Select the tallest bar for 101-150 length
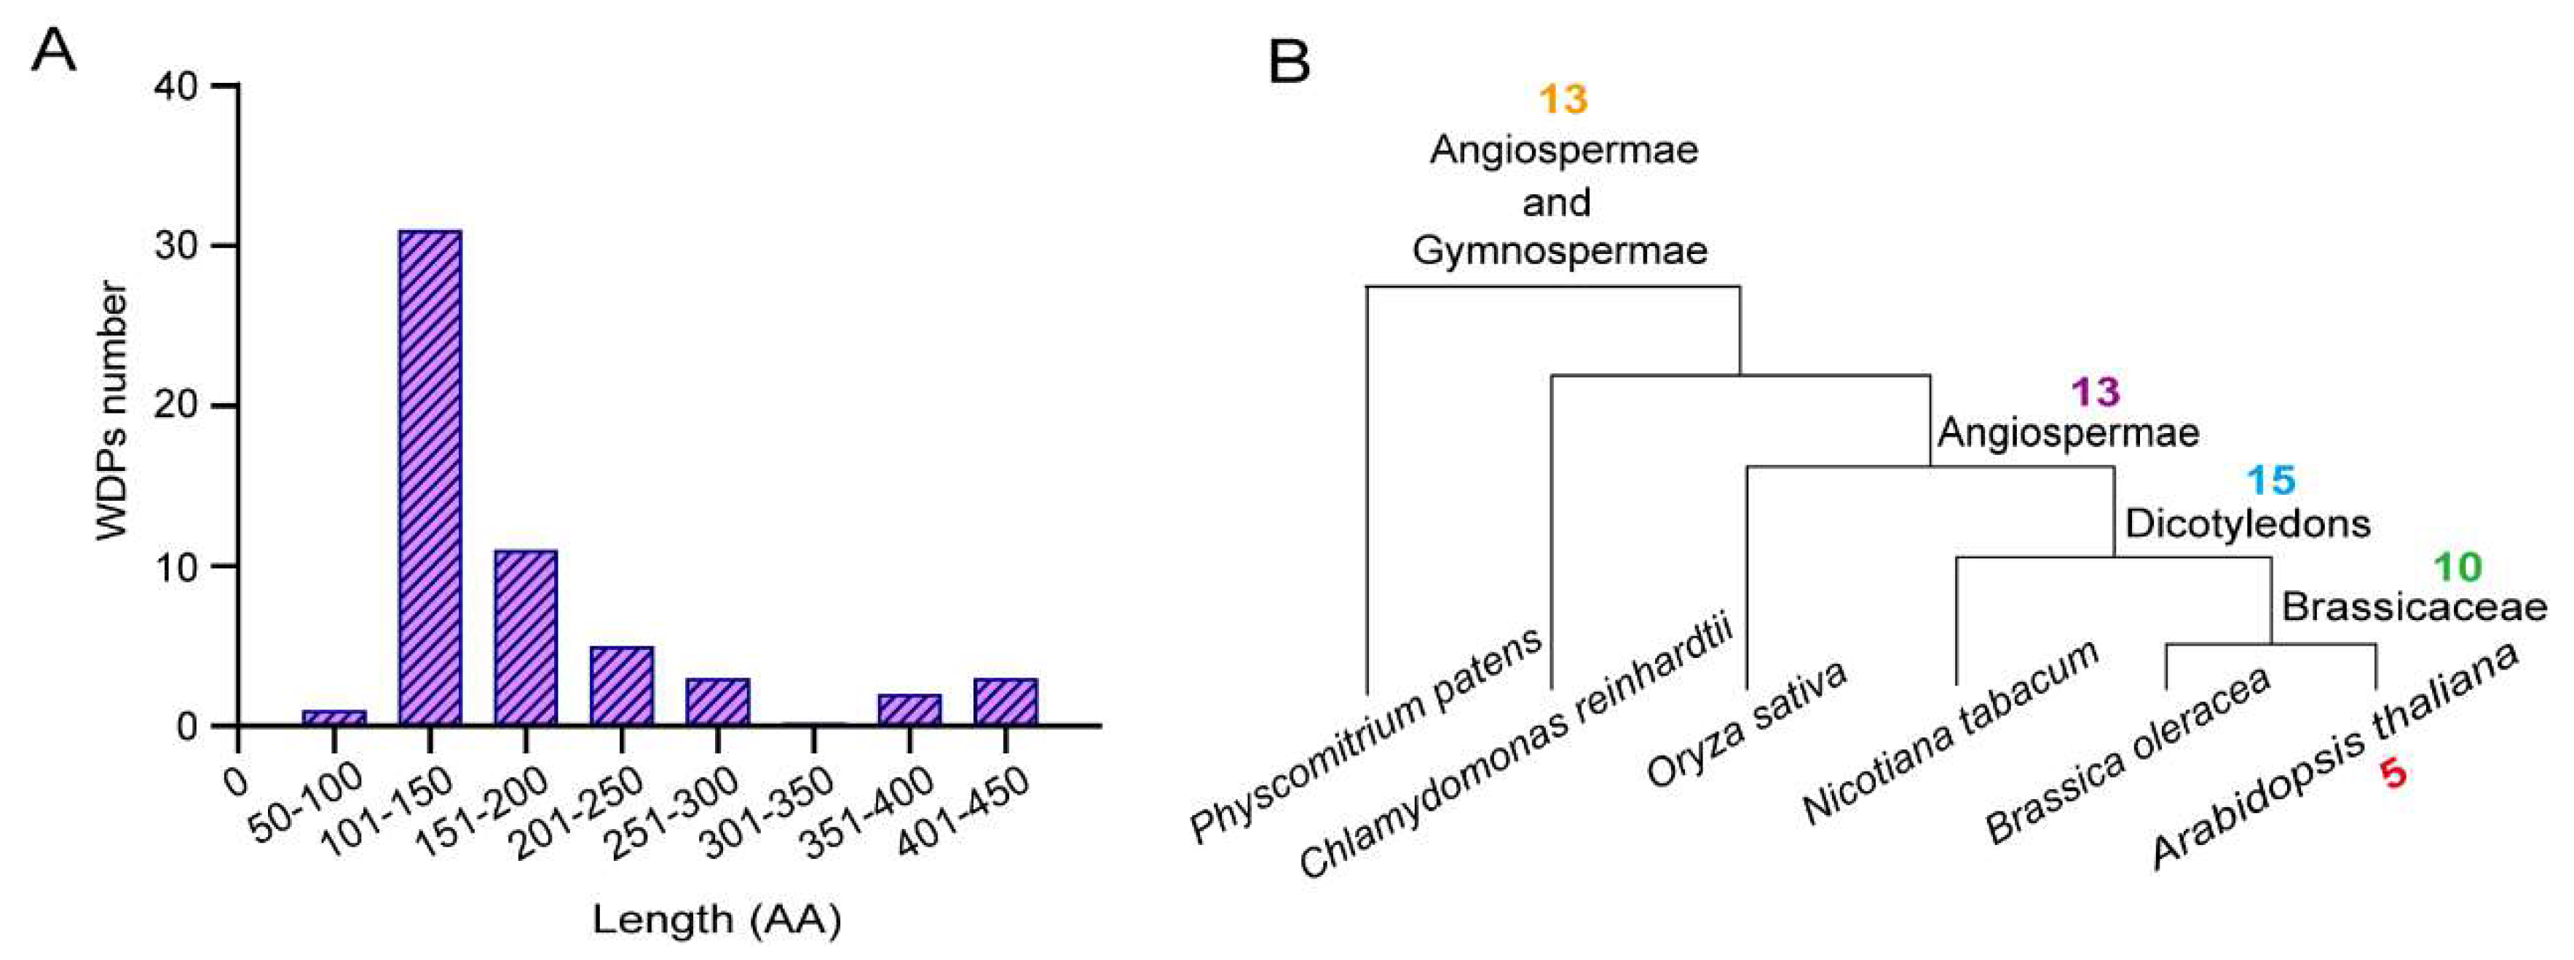[x=430, y=477]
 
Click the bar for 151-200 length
[x=526, y=638]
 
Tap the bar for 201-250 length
[x=622, y=686]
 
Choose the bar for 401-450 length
[x=1006, y=702]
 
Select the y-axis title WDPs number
[x=114, y=410]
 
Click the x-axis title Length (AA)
[x=716, y=919]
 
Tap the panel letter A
[x=54, y=50]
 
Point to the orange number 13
[x=1563, y=99]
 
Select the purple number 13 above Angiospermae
[x=2096, y=392]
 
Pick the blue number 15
[x=2271, y=480]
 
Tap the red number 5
[x=2392, y=773]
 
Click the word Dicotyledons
[x=2247, y=523]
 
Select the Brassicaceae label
[x=2414, y=607]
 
